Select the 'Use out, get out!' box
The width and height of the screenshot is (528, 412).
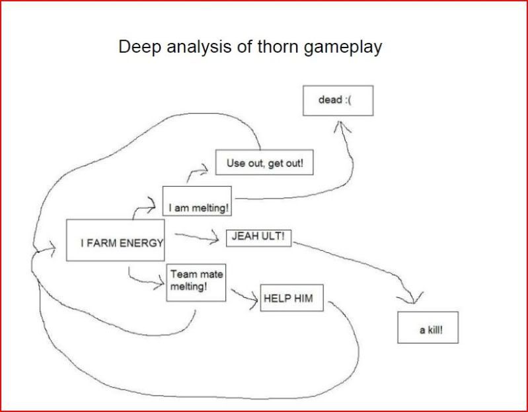tap(264, 163)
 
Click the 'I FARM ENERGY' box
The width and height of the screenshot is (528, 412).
tap(115, 239)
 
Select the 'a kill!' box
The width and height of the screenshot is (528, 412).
tap(428, 326)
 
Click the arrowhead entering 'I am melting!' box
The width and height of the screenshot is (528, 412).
tap(153, 207)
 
